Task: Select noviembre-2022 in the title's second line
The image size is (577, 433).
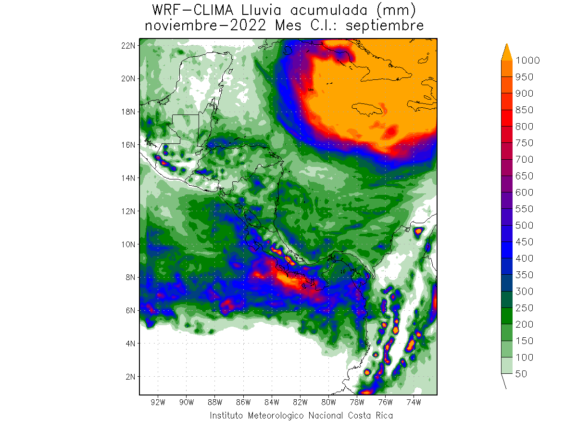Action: (x=207, y=25)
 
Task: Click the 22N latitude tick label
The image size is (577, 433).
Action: (x=129, y=45)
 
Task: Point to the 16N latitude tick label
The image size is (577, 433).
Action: (x=129, y=144)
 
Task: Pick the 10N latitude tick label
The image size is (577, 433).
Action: (x=129, y=244)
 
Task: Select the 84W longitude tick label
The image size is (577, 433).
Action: (x=272, y=402)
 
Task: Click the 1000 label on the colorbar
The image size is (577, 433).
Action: (x=527, y=60)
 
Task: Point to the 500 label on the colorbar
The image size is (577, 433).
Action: (x=525, y=225)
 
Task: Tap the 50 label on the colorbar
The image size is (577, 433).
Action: (x=521, y=374)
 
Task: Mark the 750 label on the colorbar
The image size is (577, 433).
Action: (x=525, y=143)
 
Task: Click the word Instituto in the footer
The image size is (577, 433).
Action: (x=226, y=415)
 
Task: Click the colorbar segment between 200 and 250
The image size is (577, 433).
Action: (x=507, y=316)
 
